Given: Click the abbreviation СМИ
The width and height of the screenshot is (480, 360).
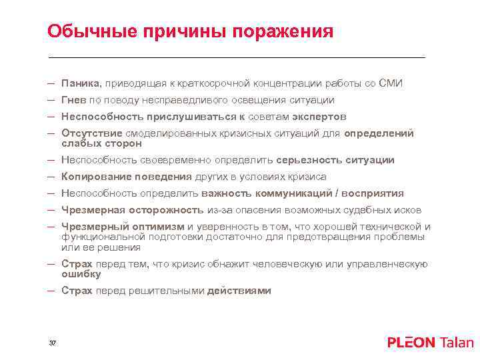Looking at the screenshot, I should (390, 83).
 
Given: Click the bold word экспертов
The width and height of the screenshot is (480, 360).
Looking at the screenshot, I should (319, 117).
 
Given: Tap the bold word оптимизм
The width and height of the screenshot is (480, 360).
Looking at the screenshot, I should (159, 227).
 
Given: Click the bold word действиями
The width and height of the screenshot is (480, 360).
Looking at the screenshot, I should (239, 291).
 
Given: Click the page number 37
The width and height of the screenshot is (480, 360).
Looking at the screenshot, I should (53, 343).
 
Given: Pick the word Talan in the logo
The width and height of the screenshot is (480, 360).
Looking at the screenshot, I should (457, 343).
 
